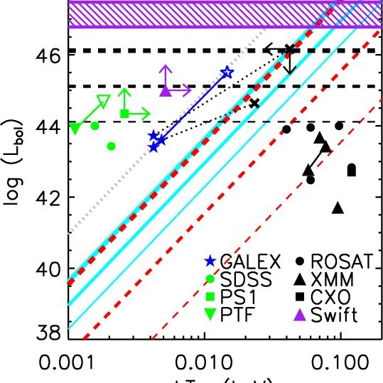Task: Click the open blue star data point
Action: coord(227,72)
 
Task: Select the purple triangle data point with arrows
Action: coord(165,91)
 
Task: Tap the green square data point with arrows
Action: coord(125,113)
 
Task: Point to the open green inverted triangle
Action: coord(103,100)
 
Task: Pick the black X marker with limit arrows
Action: coord(288,49)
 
